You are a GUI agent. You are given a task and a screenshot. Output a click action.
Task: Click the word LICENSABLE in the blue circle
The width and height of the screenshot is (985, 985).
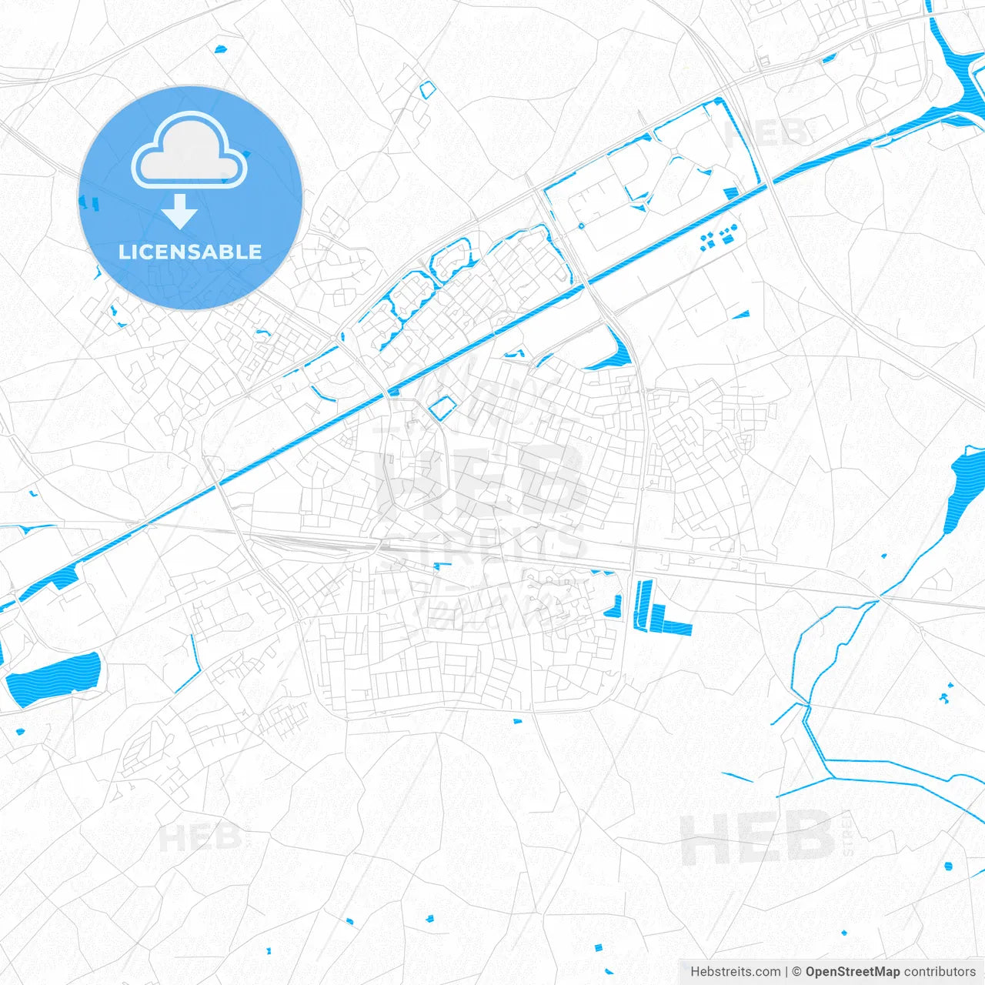190,252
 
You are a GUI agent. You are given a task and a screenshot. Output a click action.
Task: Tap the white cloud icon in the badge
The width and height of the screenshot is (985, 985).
189,152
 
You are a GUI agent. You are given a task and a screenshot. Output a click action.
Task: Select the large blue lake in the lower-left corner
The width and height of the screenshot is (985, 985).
54,678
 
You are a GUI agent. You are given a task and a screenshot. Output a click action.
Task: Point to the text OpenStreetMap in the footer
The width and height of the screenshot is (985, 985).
852,971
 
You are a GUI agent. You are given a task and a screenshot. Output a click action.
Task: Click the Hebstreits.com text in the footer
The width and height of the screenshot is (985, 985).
735,971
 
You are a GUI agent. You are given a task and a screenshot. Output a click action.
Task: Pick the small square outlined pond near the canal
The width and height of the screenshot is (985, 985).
441,409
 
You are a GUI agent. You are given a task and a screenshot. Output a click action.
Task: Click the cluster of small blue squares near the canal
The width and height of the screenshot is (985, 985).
717,236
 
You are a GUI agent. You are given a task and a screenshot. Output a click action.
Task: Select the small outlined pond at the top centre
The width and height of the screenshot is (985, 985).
428,89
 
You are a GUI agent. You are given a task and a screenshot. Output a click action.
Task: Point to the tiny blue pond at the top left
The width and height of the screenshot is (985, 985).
221,49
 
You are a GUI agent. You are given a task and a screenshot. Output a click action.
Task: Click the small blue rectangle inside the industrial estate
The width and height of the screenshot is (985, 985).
730,193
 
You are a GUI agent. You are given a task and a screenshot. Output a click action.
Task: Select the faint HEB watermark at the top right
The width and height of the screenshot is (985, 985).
766,132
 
